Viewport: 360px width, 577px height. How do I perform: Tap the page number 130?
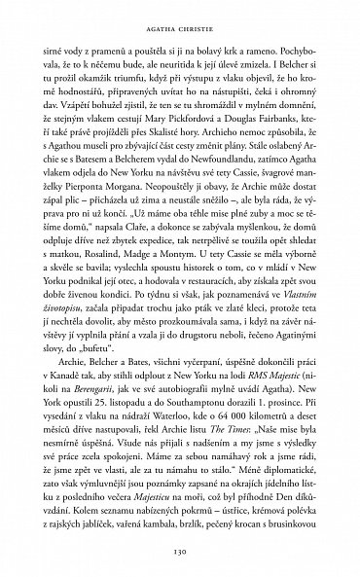(x=180, y=547)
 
